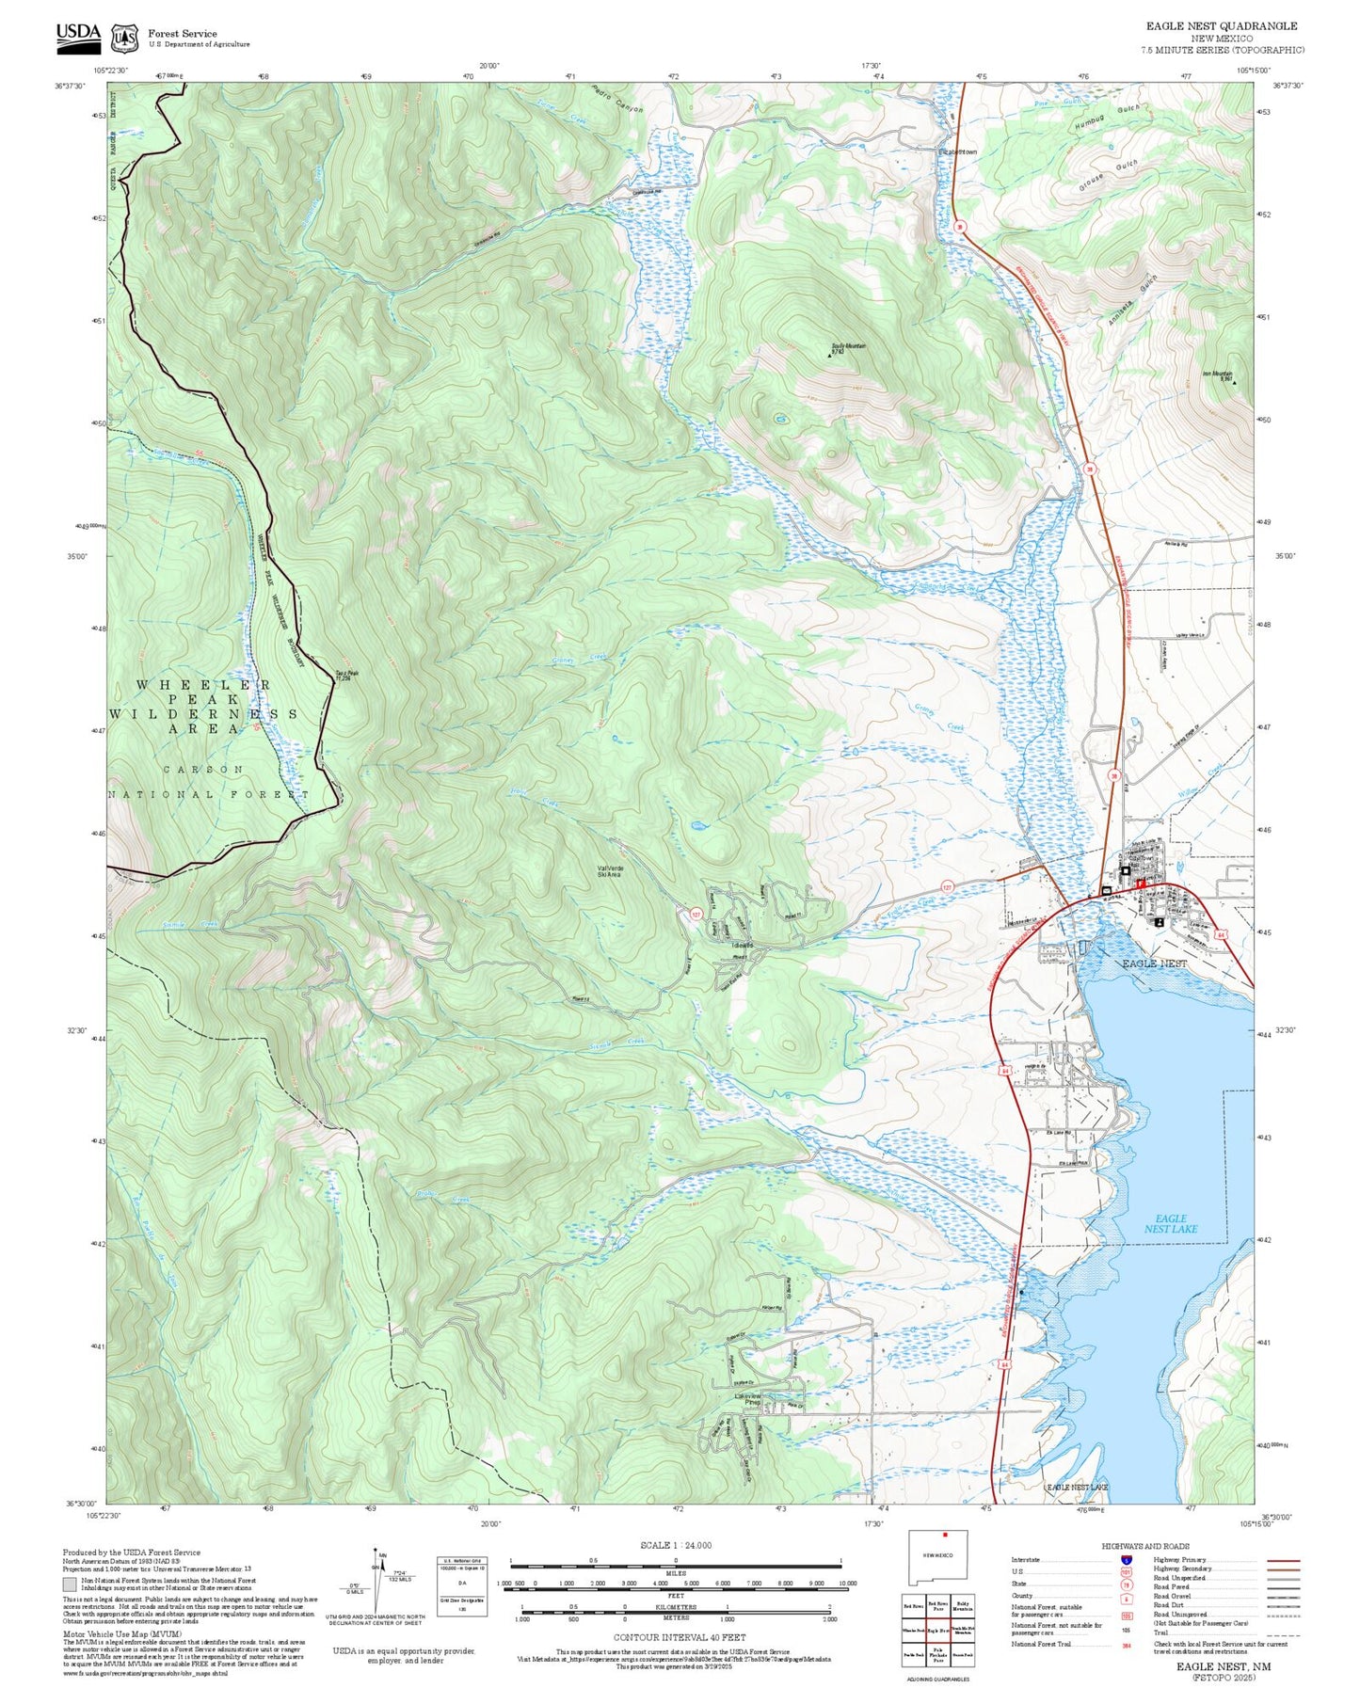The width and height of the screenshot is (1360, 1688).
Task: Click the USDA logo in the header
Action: (x=78, y=35)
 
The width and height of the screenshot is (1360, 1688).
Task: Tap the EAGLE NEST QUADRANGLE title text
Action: (x=1221, y=25)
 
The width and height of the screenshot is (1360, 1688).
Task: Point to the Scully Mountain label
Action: (x=848, y=346)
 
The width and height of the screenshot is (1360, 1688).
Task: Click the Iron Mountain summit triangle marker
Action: (x=1234, y=382)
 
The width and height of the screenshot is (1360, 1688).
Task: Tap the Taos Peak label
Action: (x=347, y=673)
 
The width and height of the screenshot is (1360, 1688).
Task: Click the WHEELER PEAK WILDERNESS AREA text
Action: (x=203, y=707)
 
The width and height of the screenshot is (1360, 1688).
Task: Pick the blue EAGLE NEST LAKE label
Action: (x=1170, y=1223)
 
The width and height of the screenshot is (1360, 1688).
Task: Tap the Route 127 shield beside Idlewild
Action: (x=696, y=914)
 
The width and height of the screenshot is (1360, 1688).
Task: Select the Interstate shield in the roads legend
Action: (x=1126, y=1559)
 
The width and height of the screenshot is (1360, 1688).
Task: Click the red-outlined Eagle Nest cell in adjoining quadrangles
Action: (x=937, y=1630)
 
